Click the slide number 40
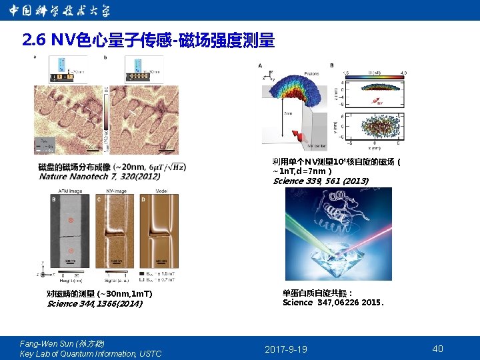(x=437, y=349)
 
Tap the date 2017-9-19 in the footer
(x=286, y=349)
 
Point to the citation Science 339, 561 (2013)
(x=321, y=181)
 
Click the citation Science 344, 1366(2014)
(x=94, y=303)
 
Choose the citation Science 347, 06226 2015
(x=333, y=302)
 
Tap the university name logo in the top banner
(x=60, y=10)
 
